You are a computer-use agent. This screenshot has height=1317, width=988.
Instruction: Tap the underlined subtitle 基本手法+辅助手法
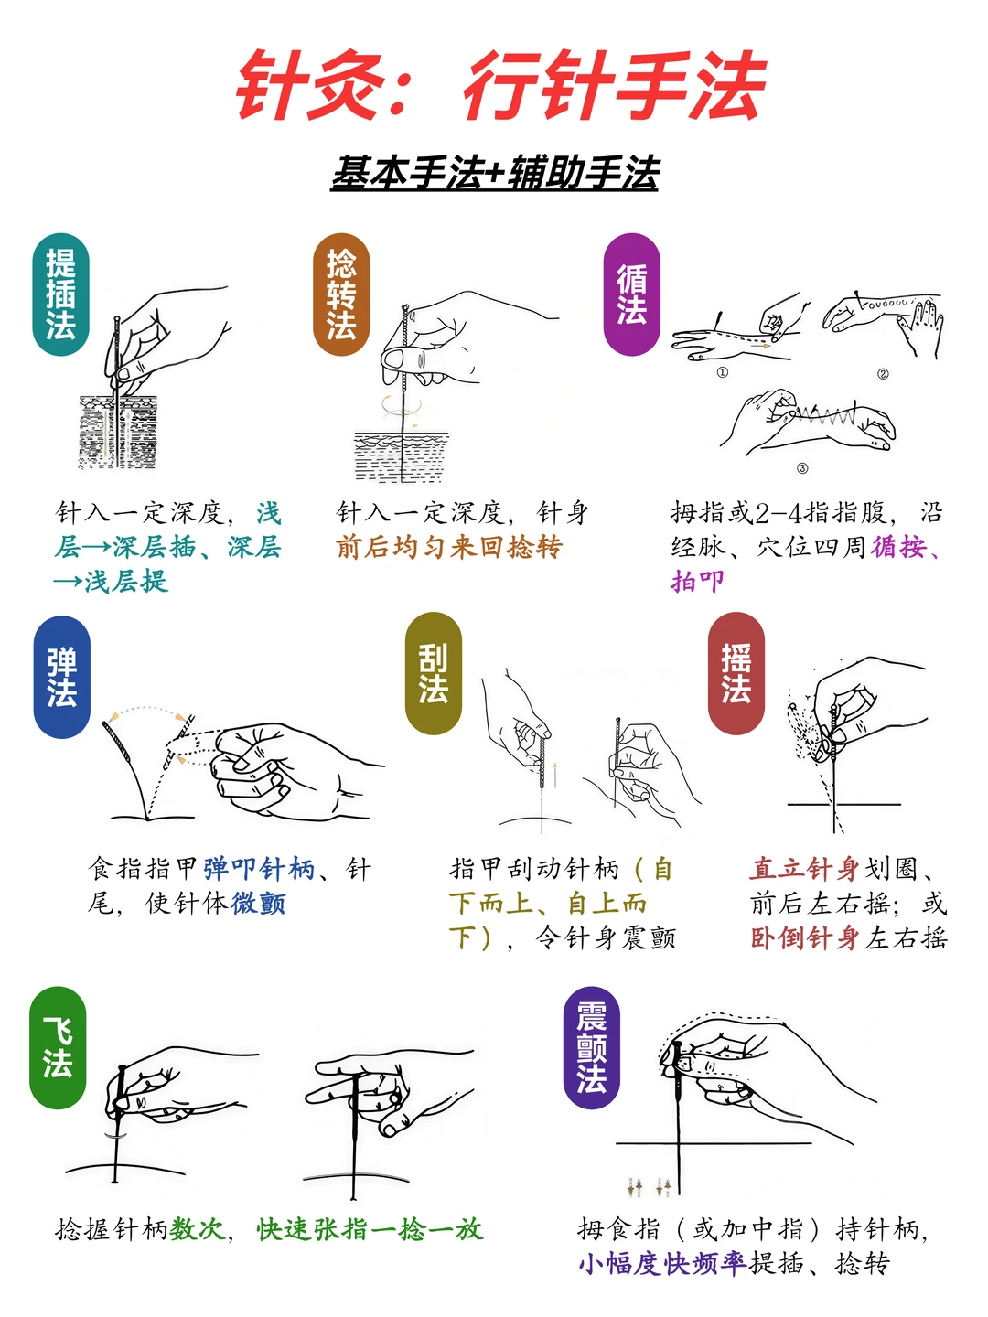pyautogui.click(x=494, y=173)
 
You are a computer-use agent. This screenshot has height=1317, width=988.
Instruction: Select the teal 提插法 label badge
pyautogui.click(x=60, y=294)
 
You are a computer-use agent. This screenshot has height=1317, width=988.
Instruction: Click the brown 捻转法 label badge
pyautogui.click(x=341, y=294)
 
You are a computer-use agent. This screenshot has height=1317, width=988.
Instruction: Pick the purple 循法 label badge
pyautogui.click(x=631, y=294)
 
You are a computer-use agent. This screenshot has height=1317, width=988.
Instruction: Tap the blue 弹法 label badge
pyautogui.click(x=61, y=677)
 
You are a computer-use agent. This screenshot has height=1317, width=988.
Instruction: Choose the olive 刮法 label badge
pyautogui.click(x=433, y=673)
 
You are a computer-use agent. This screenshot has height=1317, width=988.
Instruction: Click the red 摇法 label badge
pyautogui.click(x=736, y=673)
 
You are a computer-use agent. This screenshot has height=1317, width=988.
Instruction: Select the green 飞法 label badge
pyautogui.click(x=57, y=1047)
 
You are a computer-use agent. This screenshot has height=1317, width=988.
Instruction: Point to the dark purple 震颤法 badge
pyautogui.click(x=591, y=1047)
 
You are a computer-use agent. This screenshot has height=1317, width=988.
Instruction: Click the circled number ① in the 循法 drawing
pyautogui.click(x=722, y=372)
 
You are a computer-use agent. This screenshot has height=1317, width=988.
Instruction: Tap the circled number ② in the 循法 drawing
pyautogui.click(x=883, y=373)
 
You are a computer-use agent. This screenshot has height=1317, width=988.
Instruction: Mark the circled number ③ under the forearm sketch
pyautogui.click(x=802, y=468)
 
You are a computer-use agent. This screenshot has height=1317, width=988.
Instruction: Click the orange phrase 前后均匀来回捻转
pyautogui.click(x=448, y=547)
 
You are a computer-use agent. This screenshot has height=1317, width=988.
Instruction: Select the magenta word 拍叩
pyautogui.click(x=697, y=581)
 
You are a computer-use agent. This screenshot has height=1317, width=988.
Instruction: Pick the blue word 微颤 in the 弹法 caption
pyautogui.click(x=258, y=903)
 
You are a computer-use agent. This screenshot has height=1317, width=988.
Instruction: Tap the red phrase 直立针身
pyautogui.click(x=804, y=868)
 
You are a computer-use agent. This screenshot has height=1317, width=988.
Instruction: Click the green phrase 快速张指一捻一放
pyautogui.click(x=370, y=1229)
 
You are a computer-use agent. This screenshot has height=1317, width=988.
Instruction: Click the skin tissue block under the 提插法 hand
pyautogui.click(x=118, y=433)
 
